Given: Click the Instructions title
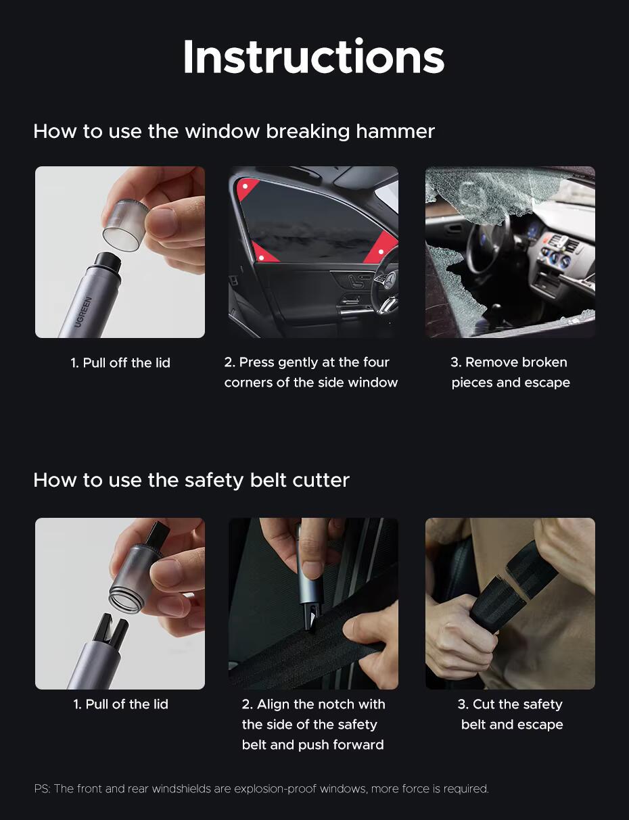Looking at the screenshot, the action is click(x=314, y=57).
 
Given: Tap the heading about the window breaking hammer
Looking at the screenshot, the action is click(x=234, y=132).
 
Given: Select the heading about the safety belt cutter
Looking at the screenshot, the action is click(x=191, y=481).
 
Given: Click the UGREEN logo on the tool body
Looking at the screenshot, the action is click(x=83, y=312).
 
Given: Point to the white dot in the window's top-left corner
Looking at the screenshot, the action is click(x=246, y=186).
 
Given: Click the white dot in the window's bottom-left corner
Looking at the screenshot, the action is click(x=261, y=258).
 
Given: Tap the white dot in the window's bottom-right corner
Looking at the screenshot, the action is click(x=381, y=251).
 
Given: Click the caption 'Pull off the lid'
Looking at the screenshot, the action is click(x=120, y=363).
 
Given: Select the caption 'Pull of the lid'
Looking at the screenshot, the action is click(x=120, y=704).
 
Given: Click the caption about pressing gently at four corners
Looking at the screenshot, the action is click(x=310, y=372).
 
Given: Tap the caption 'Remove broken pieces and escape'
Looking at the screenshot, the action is click(x=511, y=372).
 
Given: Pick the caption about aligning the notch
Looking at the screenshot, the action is click(x=313, y=725).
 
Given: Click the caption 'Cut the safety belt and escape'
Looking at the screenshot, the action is click(x=511, y=715).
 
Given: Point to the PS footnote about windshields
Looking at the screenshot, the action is click(x=262, y=789).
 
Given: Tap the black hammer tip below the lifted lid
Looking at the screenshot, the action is click(x=108, y=263).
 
